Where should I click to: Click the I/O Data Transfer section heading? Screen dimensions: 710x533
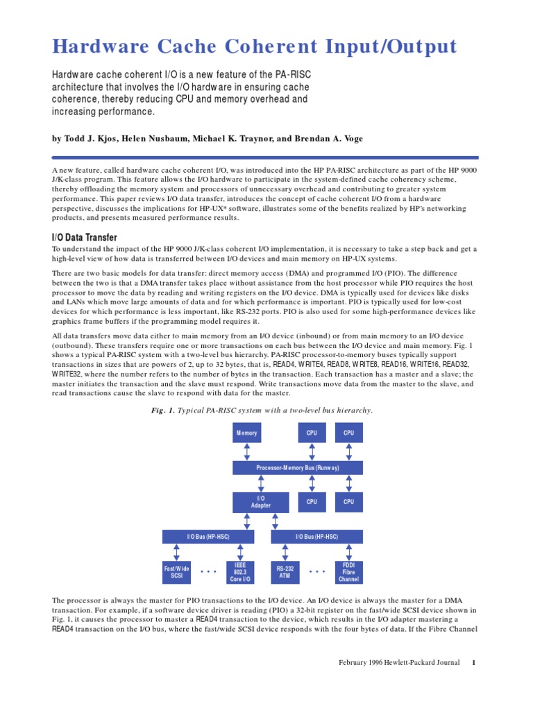pos(85,238)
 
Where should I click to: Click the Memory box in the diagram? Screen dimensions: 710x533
pos(246,433)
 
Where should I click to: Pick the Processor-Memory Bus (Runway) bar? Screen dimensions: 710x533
pos(298,468)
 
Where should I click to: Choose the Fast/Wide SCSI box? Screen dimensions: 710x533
pos(176,573)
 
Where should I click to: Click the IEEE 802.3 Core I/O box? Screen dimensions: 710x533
pos(239,573)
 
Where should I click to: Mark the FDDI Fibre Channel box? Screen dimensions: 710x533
pos(348,573)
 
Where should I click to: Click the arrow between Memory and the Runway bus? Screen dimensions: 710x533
pos(246,451)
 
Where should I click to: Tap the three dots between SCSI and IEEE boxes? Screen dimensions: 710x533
pos(208,572)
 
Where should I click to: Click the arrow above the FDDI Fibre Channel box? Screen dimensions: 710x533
pos(348,552)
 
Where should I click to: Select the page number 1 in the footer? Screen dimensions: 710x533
pos(473,663)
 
